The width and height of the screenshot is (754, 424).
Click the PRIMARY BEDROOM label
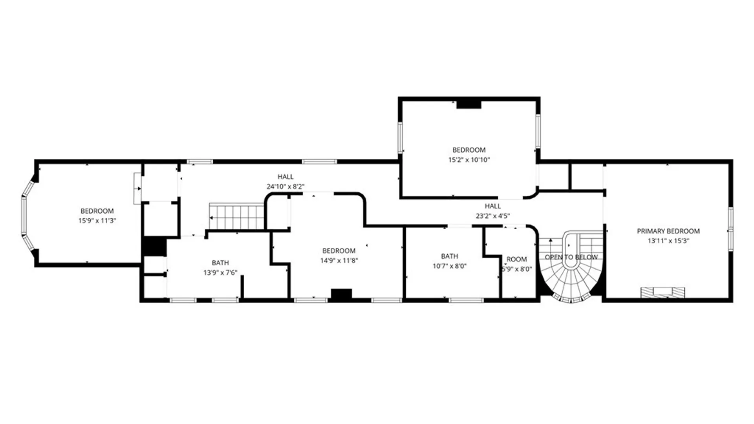(668, 231)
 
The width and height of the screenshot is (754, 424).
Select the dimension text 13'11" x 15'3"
(668, 241)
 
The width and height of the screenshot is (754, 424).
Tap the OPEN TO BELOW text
(571, 257)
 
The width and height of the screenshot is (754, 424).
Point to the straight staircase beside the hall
(237, 216)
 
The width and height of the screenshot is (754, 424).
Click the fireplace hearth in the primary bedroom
(662, 293)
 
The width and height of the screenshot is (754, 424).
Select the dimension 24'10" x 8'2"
(285, 186)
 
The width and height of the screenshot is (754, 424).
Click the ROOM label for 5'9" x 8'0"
(516, 260)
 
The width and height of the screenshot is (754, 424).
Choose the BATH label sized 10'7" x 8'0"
(449, 256)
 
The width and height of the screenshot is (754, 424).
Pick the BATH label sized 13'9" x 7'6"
(220, 263)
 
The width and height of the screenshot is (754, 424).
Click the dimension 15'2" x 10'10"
(469, 160)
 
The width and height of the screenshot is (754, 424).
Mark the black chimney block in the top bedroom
(469, 104)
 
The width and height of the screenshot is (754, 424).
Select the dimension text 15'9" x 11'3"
(97, 221)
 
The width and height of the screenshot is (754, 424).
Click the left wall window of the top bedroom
(400, 137)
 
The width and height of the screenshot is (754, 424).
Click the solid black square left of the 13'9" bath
(154, 246)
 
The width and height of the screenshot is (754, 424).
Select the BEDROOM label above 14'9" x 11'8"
(339, 251)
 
